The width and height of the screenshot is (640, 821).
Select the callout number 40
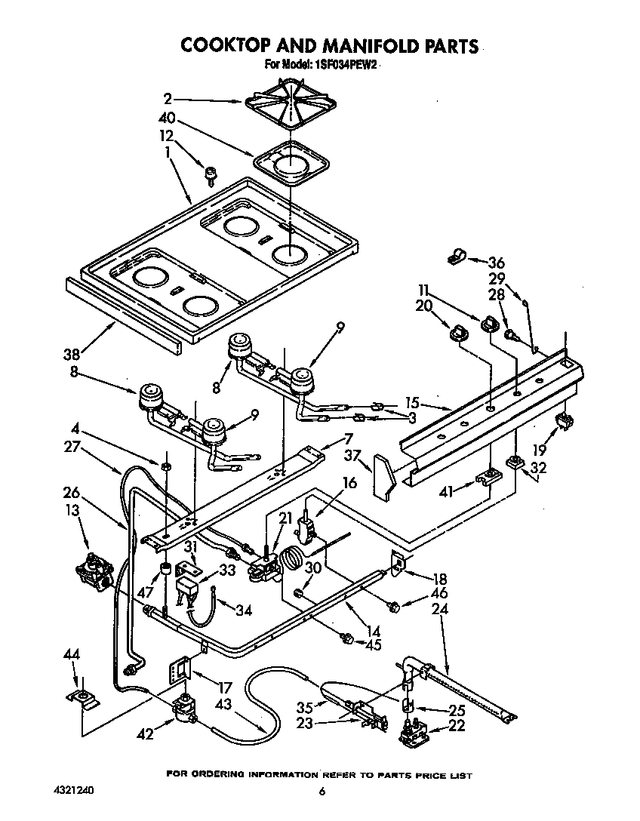point(166,118)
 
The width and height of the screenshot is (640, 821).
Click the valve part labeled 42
point(183,712)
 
